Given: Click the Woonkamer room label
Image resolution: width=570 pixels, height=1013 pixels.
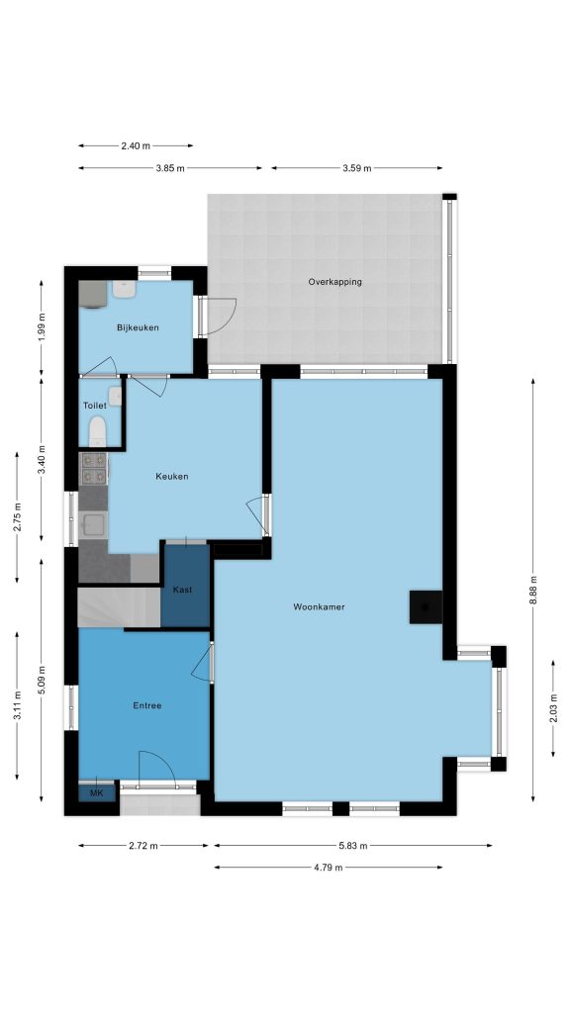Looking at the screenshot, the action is (319, 607).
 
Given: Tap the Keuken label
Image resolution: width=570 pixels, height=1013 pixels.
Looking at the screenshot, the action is (172, 477).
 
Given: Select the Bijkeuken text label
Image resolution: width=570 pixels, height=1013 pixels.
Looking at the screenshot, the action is (138, 327).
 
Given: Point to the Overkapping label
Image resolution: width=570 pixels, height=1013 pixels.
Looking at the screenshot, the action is (334, 282).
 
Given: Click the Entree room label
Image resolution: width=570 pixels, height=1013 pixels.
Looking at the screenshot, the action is (147, 706).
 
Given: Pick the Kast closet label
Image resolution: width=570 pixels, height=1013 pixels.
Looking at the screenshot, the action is (182, 590).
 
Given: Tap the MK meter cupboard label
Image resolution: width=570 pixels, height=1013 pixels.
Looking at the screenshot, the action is (96, 793).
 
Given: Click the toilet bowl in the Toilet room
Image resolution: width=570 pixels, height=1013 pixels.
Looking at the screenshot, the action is (98, 430).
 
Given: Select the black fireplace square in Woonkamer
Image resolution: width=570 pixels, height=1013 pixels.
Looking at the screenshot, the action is (426, 607).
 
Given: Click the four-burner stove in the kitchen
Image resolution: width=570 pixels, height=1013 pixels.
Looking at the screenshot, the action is (94, 468).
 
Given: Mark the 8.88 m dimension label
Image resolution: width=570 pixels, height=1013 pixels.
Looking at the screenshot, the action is (533, 590).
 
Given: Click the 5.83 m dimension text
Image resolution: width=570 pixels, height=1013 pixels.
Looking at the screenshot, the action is (353, 845).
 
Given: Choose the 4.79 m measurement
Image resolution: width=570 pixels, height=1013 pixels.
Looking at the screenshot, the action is (329, 868).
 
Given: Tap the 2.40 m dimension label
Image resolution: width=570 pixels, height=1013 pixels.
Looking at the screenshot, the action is (136, 146).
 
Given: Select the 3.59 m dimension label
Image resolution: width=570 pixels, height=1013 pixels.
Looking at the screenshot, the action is (356, 168).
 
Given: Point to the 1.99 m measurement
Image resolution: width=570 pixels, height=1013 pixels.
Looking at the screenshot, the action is (42, 327).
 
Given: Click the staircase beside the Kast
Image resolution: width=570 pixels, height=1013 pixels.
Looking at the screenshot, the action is (119, 607).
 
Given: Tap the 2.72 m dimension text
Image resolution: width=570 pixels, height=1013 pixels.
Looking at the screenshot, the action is (143, 845).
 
